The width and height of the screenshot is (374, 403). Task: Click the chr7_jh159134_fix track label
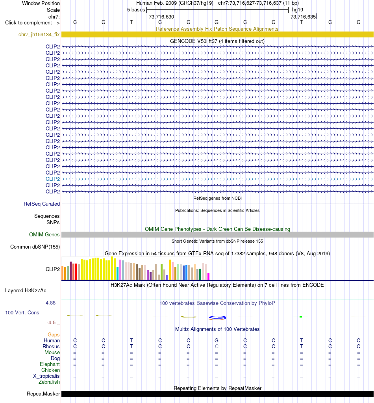coord(39,34)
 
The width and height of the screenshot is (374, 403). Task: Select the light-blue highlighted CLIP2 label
coord(53,179)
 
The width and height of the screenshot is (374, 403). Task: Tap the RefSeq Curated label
coord(42,204)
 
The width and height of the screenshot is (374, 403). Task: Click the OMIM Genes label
coord(44,234)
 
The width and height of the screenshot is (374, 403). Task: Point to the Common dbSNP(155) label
coord(35,247)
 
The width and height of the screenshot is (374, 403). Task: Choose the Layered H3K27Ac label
coord(26,290)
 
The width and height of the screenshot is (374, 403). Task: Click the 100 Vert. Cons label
coord(22,312)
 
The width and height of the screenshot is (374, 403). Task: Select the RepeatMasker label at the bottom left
coord(43,394)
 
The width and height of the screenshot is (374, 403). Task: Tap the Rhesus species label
coord(51,346)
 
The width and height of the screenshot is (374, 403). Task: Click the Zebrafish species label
coord(49,382)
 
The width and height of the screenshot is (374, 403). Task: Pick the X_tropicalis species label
coord(46,376)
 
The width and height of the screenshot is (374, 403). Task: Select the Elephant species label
coord(50,364)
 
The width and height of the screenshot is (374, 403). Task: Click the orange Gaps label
coord(54,334)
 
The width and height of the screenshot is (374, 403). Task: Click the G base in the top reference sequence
coord(217,22)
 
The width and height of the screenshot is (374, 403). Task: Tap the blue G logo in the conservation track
coord(217,318)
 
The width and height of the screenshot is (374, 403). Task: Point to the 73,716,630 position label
coord(161,17)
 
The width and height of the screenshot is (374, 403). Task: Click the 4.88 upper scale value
coord(50,303)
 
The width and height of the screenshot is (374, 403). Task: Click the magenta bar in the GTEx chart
coord(209,276)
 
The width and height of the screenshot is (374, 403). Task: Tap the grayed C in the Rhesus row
coord(217,346)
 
